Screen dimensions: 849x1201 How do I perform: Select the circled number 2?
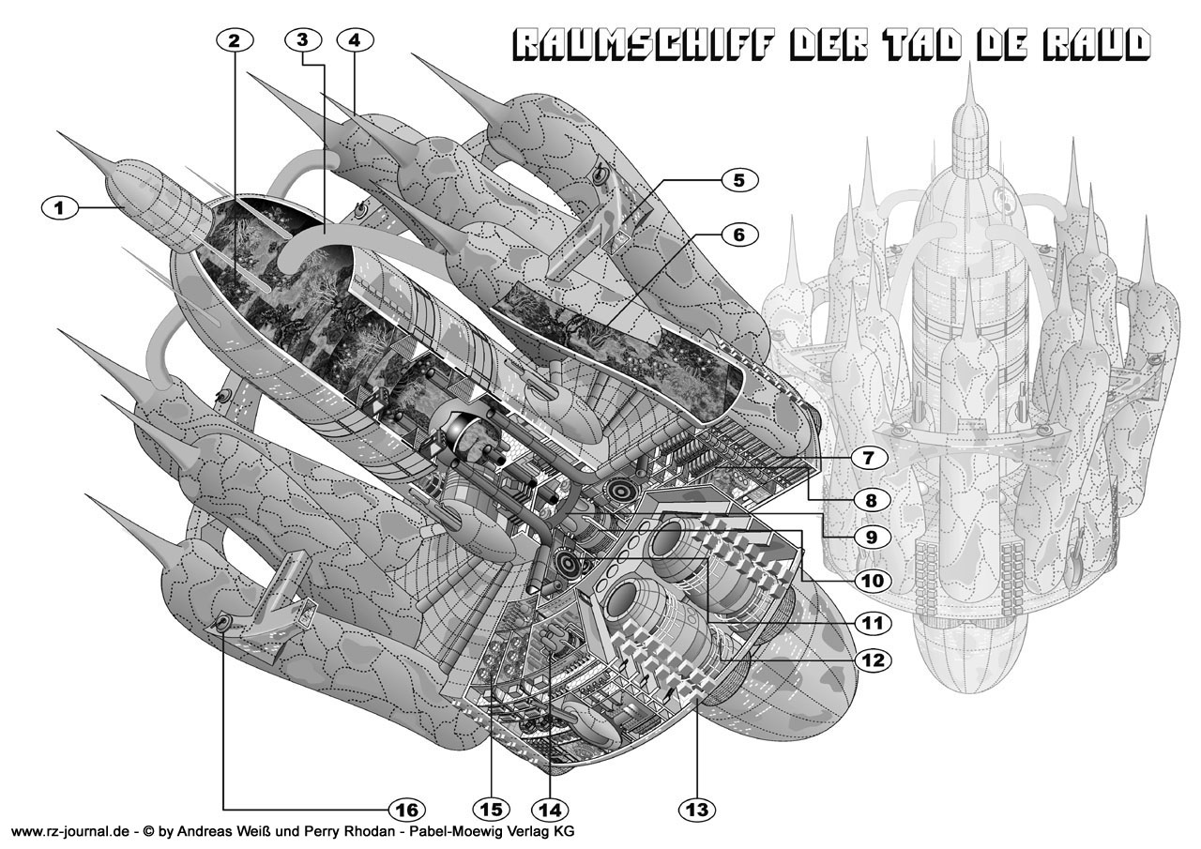[x=234, y=39]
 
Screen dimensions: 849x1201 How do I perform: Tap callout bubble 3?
[x=302, y=39]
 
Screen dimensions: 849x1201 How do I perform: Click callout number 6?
[x=738, y=235]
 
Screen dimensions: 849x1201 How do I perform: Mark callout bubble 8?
[x=872, y=499]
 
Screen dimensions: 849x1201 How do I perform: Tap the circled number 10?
[x=872, y=581]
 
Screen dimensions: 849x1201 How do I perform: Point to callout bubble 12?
[x=872, y=659]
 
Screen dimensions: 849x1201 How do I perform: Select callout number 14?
[x=549, y=808]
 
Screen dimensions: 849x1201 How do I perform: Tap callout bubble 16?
[x=405, y=808]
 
